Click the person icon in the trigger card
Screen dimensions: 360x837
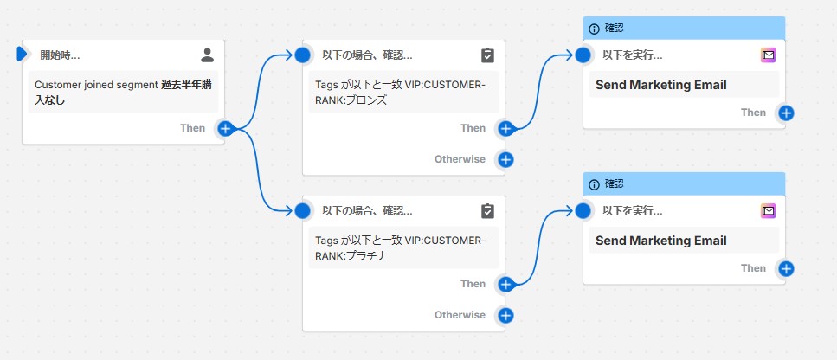pos(207,55)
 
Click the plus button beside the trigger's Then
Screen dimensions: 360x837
pos(225,128)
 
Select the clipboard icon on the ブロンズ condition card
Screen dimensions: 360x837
pos(487,55)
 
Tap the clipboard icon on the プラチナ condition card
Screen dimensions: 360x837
pos(487,210)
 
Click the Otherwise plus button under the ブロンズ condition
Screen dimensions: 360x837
pos(505,159)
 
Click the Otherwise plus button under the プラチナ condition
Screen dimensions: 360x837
pos(505,315)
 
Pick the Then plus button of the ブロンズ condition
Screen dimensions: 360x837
pos(505,128)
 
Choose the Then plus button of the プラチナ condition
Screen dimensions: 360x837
pos(505,284)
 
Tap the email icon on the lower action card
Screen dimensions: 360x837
pos(768,210)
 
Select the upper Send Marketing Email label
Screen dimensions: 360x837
pos(660,85)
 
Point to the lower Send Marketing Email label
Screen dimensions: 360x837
pos(660,241)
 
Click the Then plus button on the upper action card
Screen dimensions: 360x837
pos(786,112)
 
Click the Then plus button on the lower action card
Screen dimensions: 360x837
pos(786,268)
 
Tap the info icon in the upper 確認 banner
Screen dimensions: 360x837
pos(594,29)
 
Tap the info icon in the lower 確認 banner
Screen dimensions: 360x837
pos(594,184)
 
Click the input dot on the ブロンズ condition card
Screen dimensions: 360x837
pos(302,55)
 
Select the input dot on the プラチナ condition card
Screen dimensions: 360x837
pos(302,210)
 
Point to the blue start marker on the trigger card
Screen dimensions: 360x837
pos(23,55)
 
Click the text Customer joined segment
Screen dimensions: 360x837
pos(96,85)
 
